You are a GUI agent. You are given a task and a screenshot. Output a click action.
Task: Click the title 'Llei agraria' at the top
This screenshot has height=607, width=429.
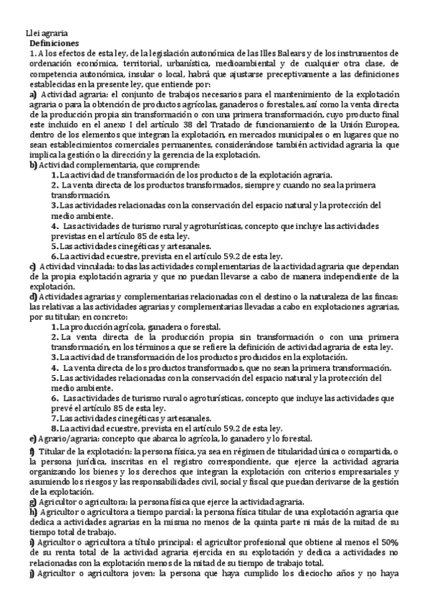[47, 33]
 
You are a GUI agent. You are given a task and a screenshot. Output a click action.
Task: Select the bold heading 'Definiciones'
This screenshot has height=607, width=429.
[54, 43]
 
